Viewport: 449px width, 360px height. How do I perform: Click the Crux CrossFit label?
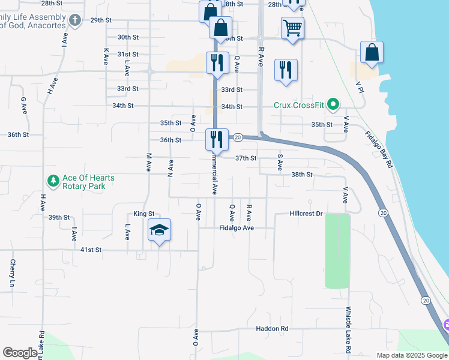(298, 105)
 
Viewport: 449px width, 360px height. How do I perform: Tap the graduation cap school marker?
(160, 230)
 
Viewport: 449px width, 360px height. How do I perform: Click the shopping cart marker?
(292, 28)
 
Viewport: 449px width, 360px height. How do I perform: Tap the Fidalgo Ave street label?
(237, 228)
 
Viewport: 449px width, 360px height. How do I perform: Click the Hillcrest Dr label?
(306, 214)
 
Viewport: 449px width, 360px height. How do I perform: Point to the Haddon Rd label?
(272, 329)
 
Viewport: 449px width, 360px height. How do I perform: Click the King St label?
(144, 214)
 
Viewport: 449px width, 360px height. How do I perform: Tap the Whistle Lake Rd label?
(348, 330)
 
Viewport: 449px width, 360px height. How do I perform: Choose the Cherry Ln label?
(12, 273)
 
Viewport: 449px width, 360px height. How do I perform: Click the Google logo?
(20, 353)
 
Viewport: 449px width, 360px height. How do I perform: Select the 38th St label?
(302, 175)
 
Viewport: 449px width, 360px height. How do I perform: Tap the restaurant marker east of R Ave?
(285, 70)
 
